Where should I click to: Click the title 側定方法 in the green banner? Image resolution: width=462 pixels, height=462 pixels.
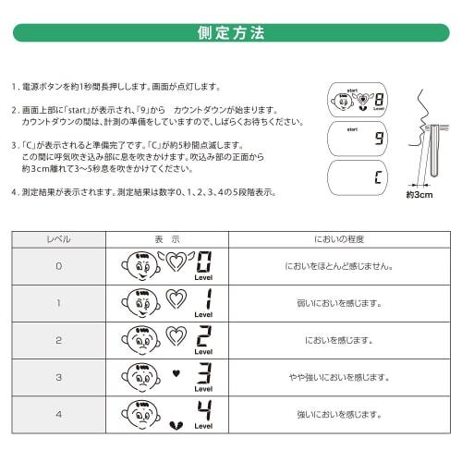click(230, 33)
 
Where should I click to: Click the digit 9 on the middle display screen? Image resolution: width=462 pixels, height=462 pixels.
click(379, 140)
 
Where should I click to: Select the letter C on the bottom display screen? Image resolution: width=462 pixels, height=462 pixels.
click(379, 176)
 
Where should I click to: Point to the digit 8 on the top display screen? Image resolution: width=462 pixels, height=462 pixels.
click(379, 102)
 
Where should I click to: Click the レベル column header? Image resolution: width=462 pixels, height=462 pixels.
click(58, 238)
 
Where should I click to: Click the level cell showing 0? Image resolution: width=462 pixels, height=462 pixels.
click(58, 266)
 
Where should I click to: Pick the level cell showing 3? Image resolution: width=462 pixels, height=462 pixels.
click(58, 377)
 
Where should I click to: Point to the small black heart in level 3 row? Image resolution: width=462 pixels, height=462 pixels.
click(175, 373)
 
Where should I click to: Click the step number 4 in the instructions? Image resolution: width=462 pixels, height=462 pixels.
click(14, 192)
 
